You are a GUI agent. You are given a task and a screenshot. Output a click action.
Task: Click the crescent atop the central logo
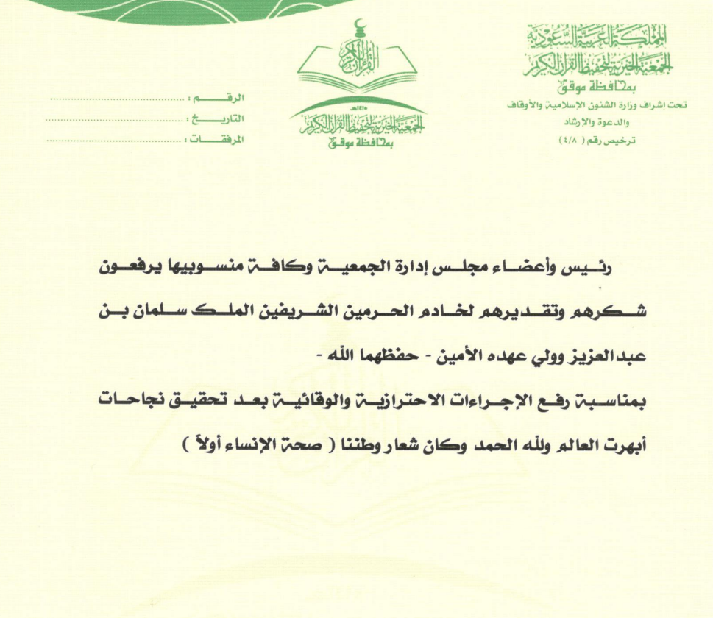coord(358,28)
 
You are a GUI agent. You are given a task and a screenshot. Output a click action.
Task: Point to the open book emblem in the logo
coord(358,70)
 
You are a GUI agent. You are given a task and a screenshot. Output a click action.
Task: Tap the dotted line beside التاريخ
coord(115,118)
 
